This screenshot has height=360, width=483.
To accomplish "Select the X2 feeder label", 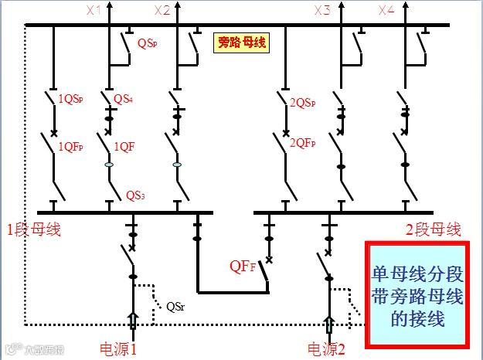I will [162, 11].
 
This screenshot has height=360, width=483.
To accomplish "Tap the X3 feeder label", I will [322, 11].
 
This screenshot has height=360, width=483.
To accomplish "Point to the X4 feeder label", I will [386, 11].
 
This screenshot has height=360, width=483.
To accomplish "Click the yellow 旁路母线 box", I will [241, 42].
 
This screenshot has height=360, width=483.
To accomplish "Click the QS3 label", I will [135, 195].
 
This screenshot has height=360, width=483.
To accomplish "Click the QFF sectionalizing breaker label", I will [240, 267].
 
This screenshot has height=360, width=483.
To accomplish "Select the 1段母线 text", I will [33, 229].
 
